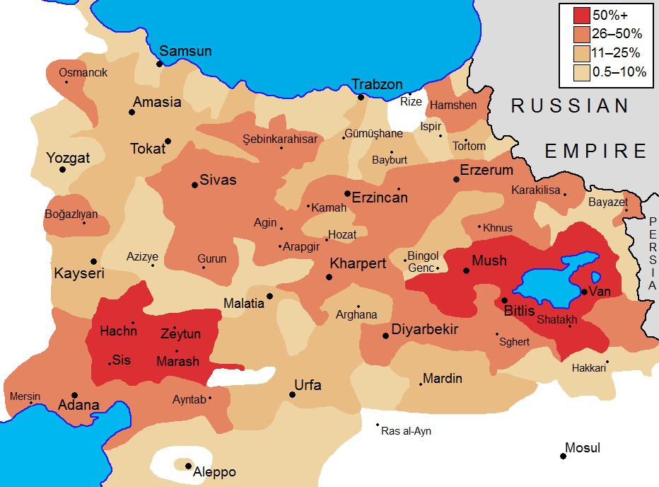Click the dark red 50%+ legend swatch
point(581,16)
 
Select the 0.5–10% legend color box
point(581,71)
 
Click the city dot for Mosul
point(564,456)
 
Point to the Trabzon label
point(377,84)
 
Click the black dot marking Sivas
point(194,185)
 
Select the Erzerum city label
point(486,170)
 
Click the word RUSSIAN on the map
point(570,106)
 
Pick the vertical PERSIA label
point(651,255)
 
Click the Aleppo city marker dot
point(188,465)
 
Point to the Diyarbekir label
point(425,330)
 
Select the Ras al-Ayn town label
point(406,431)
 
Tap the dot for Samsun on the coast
point(160,64)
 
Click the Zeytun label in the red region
point(180,334)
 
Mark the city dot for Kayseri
point(93,261)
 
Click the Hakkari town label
point(589,368)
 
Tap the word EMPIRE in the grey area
point(595,151)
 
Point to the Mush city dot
point(466,270)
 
